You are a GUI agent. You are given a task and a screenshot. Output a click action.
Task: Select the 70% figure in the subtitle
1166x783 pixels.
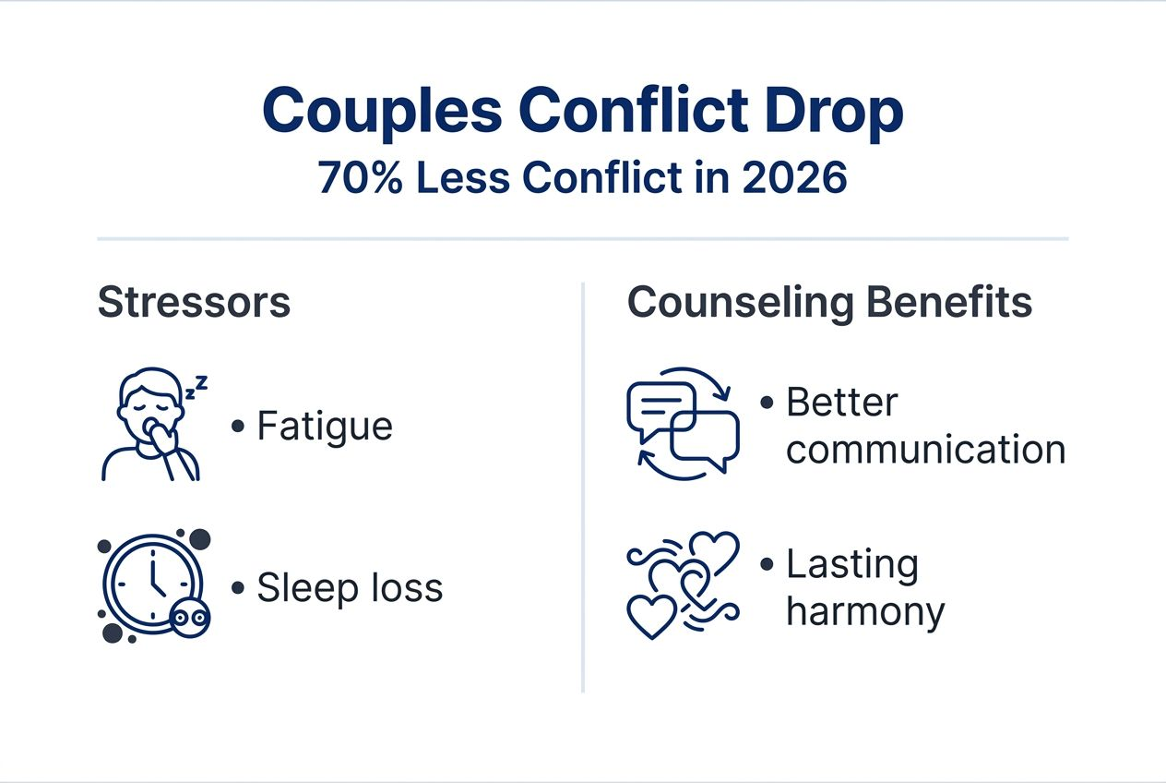coord(360,178)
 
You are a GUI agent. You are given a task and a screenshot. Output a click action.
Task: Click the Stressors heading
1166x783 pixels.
coord(194,303)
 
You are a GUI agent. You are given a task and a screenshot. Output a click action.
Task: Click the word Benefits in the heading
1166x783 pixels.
coord(955,303)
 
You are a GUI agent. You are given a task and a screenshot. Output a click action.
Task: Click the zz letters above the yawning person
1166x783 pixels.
coord(196,388)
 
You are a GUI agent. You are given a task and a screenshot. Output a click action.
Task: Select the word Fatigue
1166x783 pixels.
coord(325,427)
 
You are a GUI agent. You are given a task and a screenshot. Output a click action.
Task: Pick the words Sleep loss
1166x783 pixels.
coord(350,588)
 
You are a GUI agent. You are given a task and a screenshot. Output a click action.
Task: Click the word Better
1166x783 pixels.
coord(841,404)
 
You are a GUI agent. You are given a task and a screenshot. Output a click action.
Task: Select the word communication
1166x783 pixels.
coord(925,451)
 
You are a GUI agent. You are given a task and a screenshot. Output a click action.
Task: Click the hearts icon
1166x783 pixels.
coord(683,585)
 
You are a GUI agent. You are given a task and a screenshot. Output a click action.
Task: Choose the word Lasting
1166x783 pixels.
coord(851,565)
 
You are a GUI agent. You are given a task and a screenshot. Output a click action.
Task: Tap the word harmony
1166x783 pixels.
coord(865,612)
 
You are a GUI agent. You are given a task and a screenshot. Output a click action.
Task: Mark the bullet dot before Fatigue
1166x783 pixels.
coord(238,427)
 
